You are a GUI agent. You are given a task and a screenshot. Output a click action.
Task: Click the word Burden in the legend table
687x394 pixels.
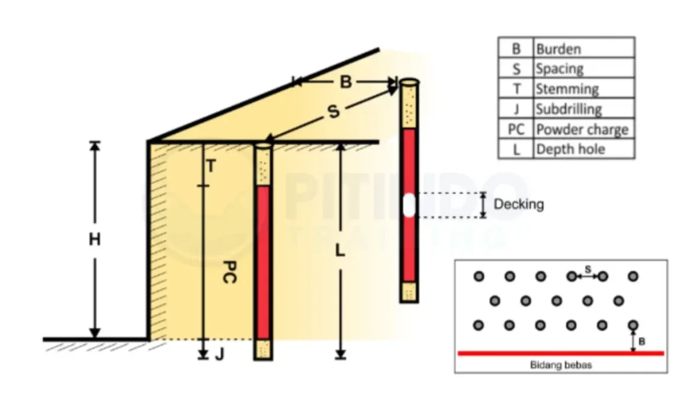(558, 49)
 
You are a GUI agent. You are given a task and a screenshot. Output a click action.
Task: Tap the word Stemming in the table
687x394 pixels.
(567, 89)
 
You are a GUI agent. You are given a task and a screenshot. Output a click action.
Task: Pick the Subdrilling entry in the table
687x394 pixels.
(569, 109)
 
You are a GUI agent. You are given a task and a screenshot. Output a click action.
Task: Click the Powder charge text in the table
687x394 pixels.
(582, 129)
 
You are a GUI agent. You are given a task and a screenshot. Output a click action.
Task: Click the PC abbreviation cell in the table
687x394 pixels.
(516, 129)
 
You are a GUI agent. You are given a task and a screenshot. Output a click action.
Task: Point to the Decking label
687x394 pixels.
(519, 204)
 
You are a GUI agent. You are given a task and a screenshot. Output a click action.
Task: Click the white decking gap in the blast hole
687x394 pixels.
(409, 204)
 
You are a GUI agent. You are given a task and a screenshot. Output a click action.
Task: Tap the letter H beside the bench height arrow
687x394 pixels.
(95, 239)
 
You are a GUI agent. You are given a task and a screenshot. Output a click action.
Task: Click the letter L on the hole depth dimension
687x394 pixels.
(340, 251)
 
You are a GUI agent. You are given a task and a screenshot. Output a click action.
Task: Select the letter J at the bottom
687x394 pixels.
(220, 354)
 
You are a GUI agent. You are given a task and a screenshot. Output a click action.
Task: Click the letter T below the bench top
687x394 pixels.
(211, 166)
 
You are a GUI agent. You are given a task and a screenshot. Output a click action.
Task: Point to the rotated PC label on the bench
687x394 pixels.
(230, 272)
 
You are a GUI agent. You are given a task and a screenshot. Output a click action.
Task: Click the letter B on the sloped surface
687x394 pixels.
(346, 82)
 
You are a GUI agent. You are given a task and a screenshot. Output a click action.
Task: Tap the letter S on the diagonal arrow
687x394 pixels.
(334, 111)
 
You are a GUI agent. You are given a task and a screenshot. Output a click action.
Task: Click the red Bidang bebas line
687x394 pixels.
(561, 353)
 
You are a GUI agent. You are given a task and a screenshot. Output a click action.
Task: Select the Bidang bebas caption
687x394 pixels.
(561, 364)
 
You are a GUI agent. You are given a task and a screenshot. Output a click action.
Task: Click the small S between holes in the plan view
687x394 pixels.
(588, 270)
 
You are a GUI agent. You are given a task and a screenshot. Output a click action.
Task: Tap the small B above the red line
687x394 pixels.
(642, 341)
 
